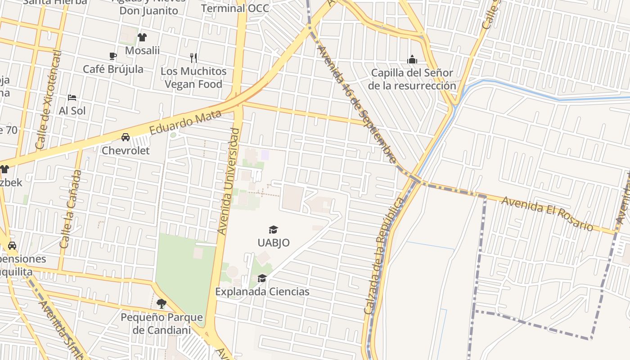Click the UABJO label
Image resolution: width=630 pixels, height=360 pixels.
[x=273, y=243]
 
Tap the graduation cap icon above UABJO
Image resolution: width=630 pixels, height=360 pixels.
[x=273, y=230]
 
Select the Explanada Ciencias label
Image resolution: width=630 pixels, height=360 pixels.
[x=262, y=292]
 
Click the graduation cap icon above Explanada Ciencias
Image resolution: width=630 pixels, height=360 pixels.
[x=262, y=279]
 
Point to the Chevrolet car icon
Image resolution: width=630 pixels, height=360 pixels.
[x=126, y=137]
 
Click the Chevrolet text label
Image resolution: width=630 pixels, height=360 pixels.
[x=126, y=150]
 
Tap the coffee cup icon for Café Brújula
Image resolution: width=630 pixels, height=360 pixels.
[x=113, y=56]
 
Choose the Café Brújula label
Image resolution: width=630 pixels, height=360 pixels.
[x=113, y=69]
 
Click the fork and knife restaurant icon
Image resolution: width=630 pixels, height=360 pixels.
[x=193, y=58]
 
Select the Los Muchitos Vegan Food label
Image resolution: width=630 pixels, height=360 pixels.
[x=193, y=77]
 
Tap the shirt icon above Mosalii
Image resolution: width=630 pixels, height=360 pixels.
[x=142, y=37]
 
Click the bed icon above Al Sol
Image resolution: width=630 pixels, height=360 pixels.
[x=72, y=97]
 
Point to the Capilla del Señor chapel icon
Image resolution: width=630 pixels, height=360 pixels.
[x=412, y=59]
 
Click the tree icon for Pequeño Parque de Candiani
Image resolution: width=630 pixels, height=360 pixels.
[x=162, y=304]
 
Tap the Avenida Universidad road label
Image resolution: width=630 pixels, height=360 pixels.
[x=229, y=181]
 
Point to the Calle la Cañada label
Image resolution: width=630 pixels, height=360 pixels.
[x=71, y=209]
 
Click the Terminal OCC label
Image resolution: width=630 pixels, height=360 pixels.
[x=235, y=8]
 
